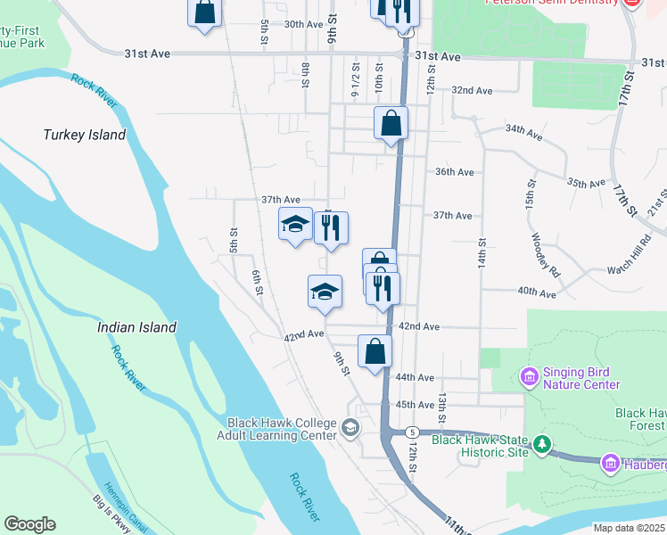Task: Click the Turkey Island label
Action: [85, 135]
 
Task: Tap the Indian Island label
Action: [136, 327]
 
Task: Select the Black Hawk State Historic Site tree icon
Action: [541, 444]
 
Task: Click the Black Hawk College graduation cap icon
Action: [350, 429]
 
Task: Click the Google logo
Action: [29, 524]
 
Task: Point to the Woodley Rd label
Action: [544, 255]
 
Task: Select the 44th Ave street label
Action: [415, 378]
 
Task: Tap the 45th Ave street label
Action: [414, 405]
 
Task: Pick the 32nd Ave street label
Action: [472, 91]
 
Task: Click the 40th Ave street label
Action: [537, 293]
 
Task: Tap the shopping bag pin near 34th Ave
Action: [391, 123]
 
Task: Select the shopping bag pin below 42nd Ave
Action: [375, 350]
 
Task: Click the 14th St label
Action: [482, 254]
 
